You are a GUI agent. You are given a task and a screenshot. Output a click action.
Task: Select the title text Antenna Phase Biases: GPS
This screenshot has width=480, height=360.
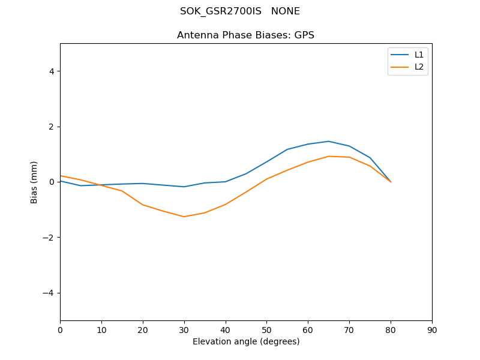tap(245, 35)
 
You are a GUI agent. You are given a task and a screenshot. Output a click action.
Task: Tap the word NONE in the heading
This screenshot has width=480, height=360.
tap(286, 11)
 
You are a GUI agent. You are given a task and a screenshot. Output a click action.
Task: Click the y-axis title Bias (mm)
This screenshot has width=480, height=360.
tap(34, 182)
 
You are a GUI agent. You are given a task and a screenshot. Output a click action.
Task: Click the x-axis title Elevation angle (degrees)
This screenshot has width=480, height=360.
tap(245, 341)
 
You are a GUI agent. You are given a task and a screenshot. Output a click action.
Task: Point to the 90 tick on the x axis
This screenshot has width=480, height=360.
tap(432, 329)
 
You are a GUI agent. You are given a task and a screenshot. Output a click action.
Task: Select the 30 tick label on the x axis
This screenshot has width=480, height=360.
tap(184, 329)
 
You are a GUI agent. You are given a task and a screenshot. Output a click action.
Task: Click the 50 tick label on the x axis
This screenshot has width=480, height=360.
tap(266, 329)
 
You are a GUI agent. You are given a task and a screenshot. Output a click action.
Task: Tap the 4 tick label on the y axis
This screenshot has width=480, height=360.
tap(52, 71)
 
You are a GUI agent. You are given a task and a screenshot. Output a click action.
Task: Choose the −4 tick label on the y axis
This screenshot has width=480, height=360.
tap(49, 293)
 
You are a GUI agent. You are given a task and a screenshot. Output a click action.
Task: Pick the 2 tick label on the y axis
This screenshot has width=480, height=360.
tap(52, 127)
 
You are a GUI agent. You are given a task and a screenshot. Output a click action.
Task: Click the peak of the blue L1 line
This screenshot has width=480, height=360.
tap(328, 141)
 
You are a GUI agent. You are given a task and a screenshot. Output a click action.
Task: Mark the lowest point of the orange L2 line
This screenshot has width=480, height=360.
tap(184, 217)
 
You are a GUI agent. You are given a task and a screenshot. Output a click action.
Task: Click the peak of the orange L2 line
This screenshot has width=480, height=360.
tap(328, 156)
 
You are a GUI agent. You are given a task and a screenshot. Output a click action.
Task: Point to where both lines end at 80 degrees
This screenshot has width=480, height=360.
tap(391, 182)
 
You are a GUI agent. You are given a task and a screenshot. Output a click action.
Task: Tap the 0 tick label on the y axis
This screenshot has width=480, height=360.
tap(52, 182)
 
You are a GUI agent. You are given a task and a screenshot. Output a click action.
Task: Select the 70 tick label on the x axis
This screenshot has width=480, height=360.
tap(349, 329)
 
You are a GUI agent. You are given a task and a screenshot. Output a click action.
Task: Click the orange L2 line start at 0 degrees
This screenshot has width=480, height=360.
tap(61, 176)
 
